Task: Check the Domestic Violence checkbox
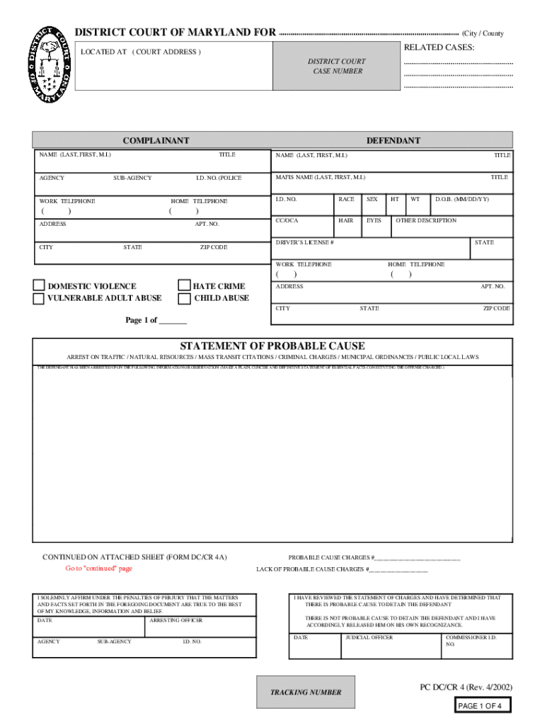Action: point(39,285)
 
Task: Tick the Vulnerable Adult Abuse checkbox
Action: point(39,299)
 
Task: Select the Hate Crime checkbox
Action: point(185,285)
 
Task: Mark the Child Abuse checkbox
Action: point(185,299)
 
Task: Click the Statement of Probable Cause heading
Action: point(272,346)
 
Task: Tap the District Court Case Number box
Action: point(336,66)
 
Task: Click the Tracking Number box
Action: point(306,692)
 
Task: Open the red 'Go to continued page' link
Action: point(98,569)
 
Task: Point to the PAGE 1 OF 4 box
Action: point(480,706)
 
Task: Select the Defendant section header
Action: point(393,140)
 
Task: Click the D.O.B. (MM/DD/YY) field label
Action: point(461,200)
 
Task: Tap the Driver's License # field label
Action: point(304,243)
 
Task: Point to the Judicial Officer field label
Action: point(369,637)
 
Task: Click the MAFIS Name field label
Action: point(320,177)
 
